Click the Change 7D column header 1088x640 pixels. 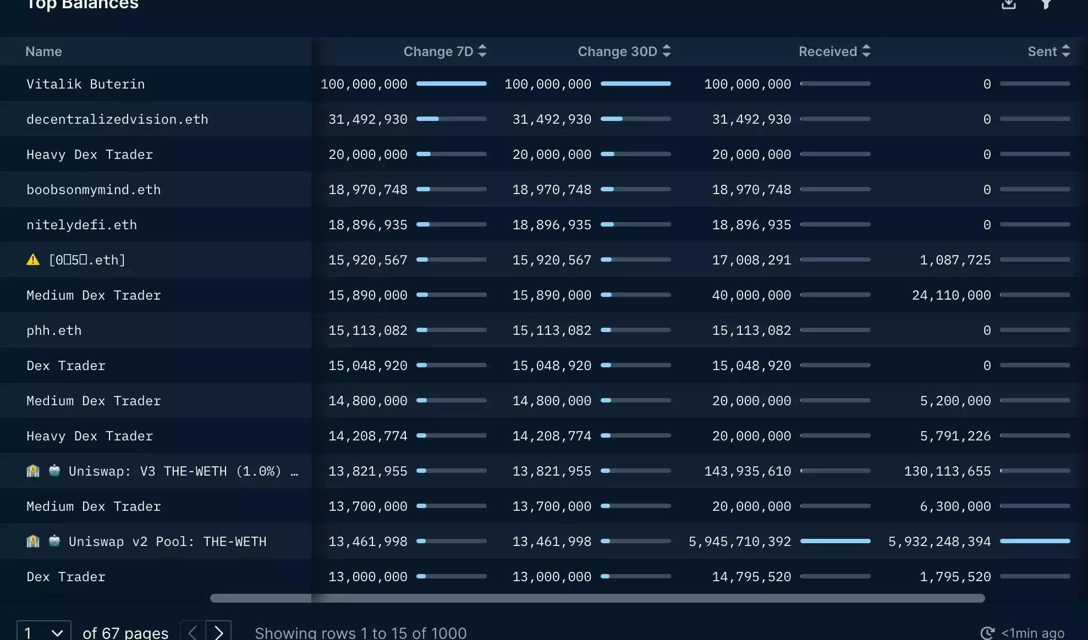coord(438,52)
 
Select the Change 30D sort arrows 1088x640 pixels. coord(667,51)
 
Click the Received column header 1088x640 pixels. coord(828,52)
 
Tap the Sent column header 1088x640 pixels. coord(1042,52)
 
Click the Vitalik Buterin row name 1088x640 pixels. coord(86,84)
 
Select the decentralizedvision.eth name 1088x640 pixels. coord(117,119)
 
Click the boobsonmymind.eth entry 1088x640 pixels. coord(94,190)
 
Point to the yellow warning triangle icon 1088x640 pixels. coord(33,260)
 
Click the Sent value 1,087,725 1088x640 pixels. coord(955,260)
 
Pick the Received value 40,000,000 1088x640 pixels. coord(751,295)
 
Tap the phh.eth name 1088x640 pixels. coord(54,330)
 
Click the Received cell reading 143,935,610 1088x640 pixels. coord(748,471)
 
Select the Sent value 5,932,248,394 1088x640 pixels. coord(939,542)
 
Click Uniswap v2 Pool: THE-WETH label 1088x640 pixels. coord(167,542)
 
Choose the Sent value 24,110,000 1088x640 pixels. coord(952,295)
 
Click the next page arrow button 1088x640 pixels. coord(218,632)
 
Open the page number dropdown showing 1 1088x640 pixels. coord(44,632)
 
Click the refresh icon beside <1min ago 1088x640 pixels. coord(987,633)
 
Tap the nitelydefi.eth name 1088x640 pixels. coord(81,225)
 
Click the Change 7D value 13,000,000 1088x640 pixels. coord(368,577)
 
